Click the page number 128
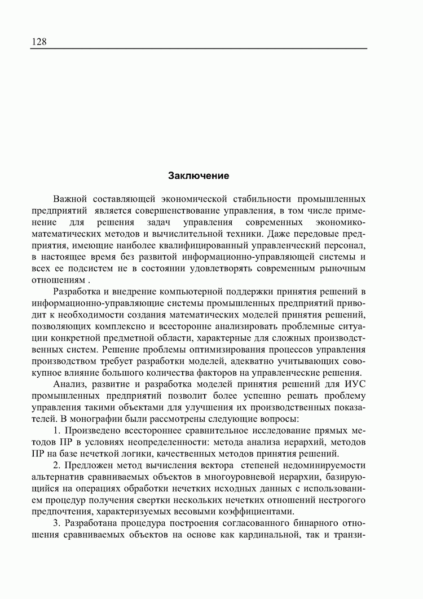click(39, 42)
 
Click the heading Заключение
click(199, 176)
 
